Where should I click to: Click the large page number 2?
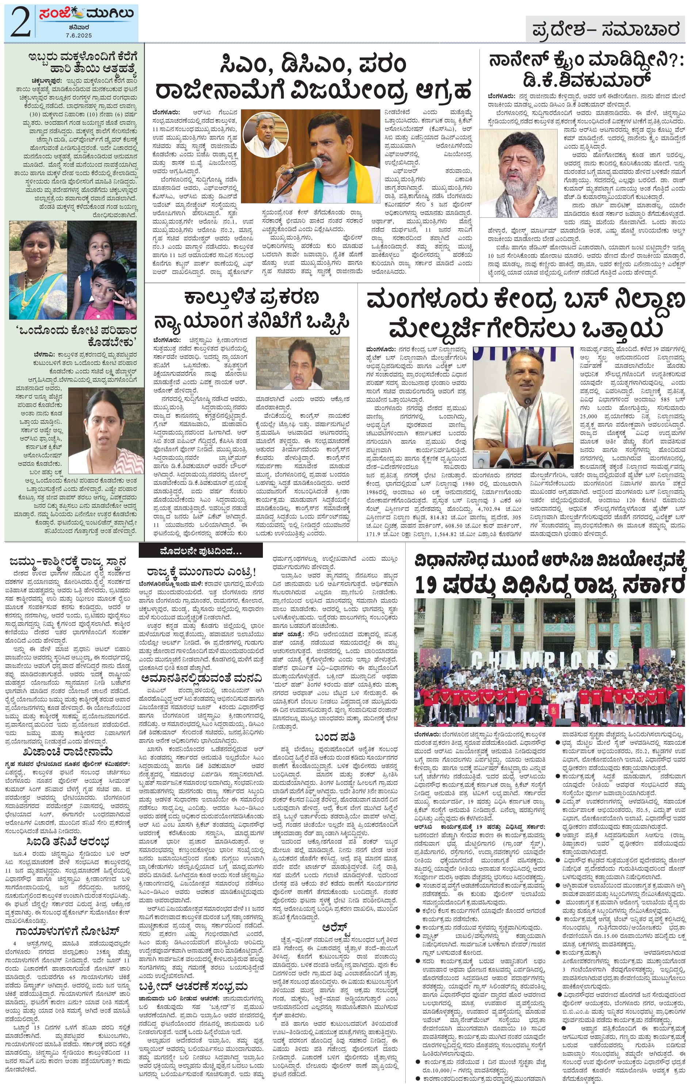click(x=19, y=22)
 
